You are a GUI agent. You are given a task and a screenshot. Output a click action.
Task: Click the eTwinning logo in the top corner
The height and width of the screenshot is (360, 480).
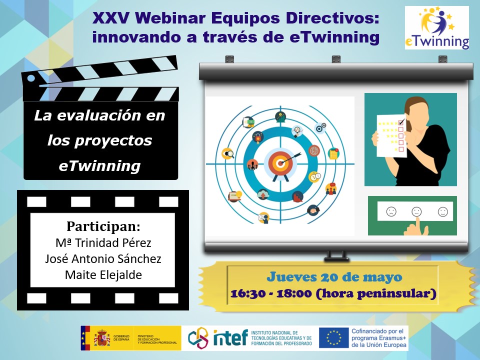437,28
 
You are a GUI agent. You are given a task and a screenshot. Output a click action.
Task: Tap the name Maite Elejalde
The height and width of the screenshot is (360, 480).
103,274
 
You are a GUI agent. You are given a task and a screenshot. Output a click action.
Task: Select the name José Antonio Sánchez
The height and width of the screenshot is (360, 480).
103,258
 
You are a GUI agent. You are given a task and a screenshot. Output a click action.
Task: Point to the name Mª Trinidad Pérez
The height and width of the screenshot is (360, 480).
103,243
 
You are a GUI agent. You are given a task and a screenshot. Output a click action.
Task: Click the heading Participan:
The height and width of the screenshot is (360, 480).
103,226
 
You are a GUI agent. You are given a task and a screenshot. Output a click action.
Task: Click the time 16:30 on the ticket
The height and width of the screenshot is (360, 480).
243,293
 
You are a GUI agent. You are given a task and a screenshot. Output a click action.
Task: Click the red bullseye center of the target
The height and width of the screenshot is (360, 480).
280,163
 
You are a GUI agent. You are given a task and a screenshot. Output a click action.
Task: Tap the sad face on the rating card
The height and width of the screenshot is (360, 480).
391,211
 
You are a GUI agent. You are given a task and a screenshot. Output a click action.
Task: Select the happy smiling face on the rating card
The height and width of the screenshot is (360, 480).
442,211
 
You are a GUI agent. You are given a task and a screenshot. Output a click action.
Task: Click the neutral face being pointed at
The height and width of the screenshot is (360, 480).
416,211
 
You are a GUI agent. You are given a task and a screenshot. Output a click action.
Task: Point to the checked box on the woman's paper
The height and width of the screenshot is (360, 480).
401,122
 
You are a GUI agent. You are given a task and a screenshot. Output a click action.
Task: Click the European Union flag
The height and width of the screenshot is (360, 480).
333,338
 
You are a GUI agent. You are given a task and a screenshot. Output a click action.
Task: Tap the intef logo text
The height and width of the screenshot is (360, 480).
230,337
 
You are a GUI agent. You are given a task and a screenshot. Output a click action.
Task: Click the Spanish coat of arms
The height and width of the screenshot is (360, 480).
102,338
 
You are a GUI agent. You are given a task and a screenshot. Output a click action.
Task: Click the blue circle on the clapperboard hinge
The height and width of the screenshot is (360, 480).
31,78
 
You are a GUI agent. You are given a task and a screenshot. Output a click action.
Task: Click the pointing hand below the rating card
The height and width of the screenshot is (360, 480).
415,226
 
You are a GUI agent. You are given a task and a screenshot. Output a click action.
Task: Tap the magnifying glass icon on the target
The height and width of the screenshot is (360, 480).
228,153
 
